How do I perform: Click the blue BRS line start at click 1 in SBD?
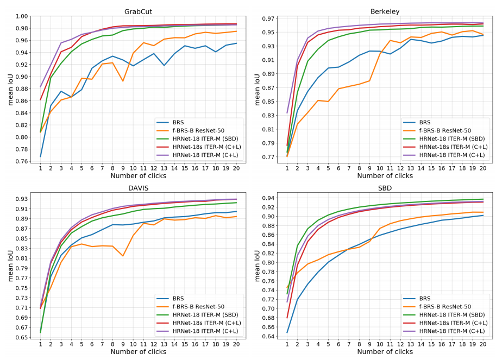pos(287,332)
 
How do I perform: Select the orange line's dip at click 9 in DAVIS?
pos(123,256)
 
